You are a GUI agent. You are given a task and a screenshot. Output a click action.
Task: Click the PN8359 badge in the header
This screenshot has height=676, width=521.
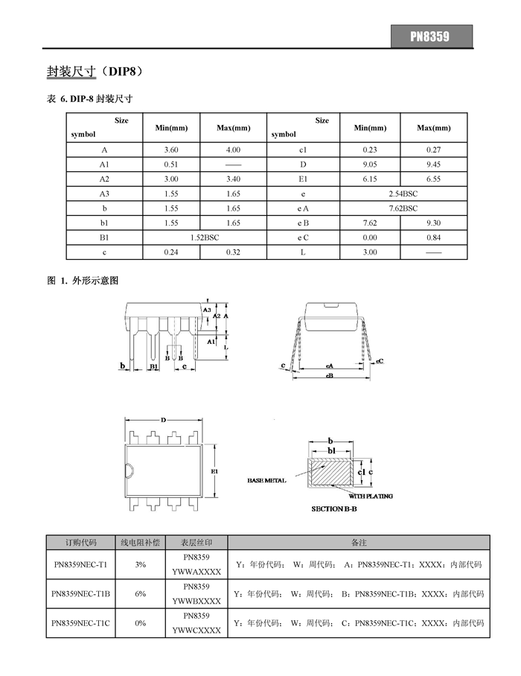click(432, 36)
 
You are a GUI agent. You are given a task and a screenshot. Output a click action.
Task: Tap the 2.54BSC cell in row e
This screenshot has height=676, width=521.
click(403, 194)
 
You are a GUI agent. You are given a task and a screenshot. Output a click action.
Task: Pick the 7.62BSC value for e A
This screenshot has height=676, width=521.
click(403, 208)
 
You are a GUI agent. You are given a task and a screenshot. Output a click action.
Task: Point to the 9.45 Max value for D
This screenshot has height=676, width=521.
click(434, 165)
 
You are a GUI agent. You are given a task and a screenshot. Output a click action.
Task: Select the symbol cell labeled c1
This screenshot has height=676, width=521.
click(303, 150)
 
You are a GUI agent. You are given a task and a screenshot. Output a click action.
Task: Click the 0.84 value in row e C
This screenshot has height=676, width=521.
click(434, 237)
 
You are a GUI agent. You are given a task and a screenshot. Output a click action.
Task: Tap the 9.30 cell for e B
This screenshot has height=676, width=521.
click(434, 223)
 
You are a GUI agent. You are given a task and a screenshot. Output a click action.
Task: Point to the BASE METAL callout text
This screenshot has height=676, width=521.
click(267, 481)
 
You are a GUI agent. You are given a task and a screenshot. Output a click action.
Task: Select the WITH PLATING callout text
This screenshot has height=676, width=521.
click(371, 496)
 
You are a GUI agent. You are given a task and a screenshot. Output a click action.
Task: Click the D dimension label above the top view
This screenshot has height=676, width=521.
click(163, 420)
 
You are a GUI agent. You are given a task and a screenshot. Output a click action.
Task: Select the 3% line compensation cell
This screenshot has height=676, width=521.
click(141, 565)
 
